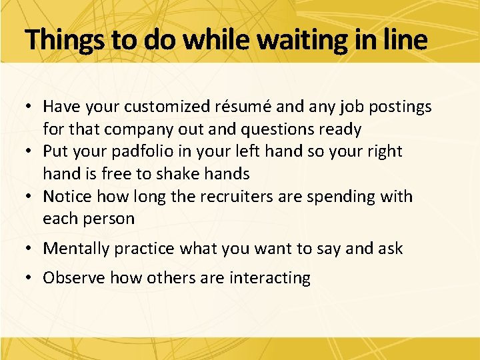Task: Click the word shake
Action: pyautogui.click(x=178, y=175)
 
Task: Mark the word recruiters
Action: pyautogui.click(x=223, y=197)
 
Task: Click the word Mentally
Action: pyautogui.click(x=76, y=249)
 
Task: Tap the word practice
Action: pyautogui.click(x=145, y=249)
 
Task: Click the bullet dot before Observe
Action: pyautogui.click(x=31, y=278)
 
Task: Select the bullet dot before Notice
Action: pyautogui.click(x=31, y=197)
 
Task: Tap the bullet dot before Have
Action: pyautogui.click(x=31, y=107)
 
